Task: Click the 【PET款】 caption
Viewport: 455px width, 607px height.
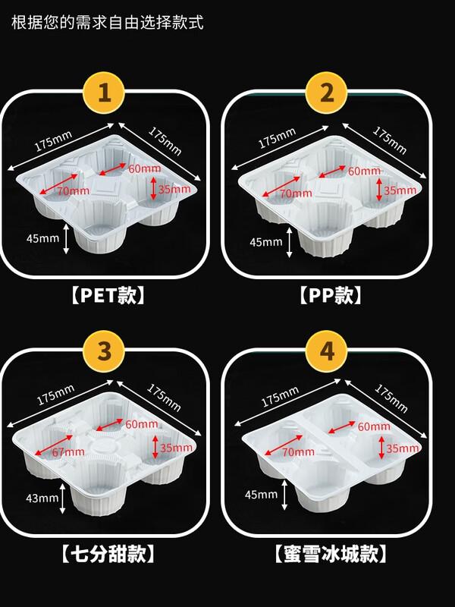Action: [x=105, y=294]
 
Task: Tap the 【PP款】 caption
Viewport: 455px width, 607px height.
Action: [x=327, y=294]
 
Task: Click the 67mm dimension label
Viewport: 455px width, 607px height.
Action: [x=69, y=451]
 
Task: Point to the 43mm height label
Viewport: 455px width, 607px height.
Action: [x=43, y=498]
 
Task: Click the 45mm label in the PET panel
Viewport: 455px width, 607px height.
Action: [x=42, y=238]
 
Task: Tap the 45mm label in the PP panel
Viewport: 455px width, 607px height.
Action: [x=266, y=242]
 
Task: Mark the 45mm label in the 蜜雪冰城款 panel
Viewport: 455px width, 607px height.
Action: [x=262, y=495]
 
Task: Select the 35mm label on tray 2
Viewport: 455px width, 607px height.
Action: [x=400, y=190]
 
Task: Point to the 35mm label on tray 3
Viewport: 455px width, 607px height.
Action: [x=176, y=448]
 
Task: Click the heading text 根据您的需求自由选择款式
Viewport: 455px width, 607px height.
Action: [x=108, y=21]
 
